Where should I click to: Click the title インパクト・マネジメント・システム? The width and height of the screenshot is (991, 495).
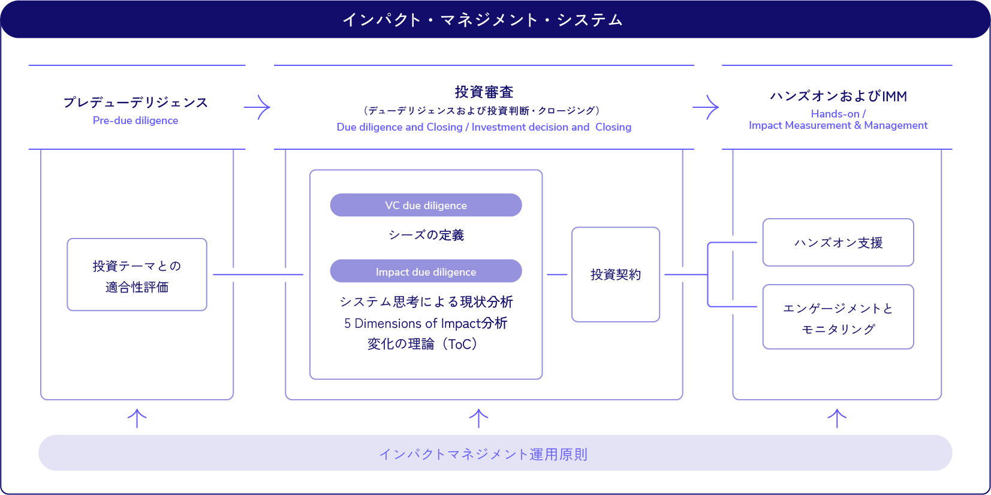tap(483, 20)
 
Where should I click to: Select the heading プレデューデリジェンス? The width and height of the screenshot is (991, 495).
tap(136, 102)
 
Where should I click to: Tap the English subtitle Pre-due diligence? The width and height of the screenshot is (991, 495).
tap(135, 120)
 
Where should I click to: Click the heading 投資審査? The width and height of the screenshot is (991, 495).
tap(484, 92)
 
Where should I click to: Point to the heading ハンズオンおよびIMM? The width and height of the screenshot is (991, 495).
tap(838, 96)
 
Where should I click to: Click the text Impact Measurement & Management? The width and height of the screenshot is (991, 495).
tap(838, 125)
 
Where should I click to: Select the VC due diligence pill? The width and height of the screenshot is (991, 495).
tap(426, 205)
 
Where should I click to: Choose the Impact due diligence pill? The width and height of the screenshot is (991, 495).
tap(426, 271)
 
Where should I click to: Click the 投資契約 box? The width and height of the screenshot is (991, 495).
tap(616, 274)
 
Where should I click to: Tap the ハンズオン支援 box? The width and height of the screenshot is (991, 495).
tap(838, 243)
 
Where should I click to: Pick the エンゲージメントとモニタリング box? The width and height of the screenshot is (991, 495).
tap(838, 317)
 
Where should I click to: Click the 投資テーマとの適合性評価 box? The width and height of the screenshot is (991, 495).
tap(137, 275)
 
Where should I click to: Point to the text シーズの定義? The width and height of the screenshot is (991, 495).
tap(426, 235)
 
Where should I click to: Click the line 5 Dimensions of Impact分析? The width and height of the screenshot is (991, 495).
tap(426, 324)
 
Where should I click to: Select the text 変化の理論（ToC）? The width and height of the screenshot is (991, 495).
tap(423, 344)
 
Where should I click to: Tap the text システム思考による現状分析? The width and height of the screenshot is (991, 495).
tap(426, 301)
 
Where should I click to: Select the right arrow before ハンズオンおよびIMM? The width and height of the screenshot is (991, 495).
tap(706, 108)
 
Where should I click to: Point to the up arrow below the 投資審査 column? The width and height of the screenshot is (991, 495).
tap(478, 418)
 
